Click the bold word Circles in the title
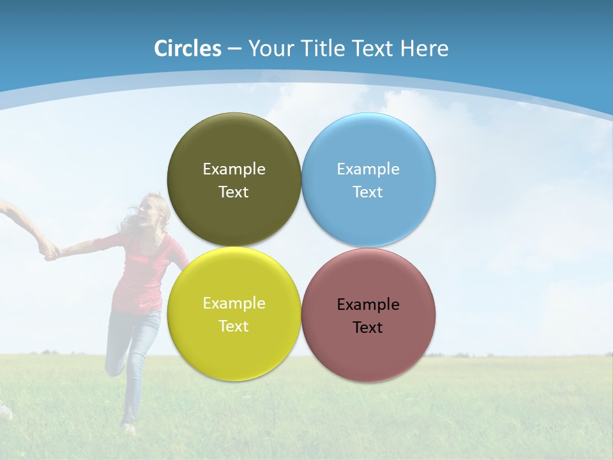tap(188, 49)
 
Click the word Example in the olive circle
tap(234, 169)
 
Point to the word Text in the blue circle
tap(368, 192)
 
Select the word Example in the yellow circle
tap(234, 303)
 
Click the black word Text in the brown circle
tap(368, 327)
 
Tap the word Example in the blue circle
tap(368, 169)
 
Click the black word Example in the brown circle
tap(368, 304)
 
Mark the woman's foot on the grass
tap(128, 427)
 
